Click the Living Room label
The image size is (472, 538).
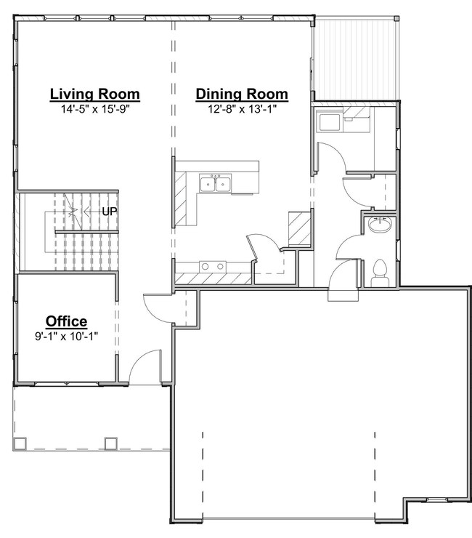[95, 95]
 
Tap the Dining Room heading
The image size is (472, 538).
[242, 95]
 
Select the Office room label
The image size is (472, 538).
[67, 321]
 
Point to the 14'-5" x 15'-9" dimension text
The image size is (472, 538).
[95, 109]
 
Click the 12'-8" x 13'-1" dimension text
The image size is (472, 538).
[242, 109]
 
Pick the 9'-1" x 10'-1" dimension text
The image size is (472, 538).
[67, 337]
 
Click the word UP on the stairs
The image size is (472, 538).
[110, 212]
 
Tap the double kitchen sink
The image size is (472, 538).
[215, 184]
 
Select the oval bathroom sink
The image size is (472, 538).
[380, 225]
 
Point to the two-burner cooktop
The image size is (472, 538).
[213, 267]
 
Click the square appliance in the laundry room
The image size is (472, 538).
[330, 122]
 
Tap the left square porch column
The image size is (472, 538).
[20, 443]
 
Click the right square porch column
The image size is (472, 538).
[110, 443]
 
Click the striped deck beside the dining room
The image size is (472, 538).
[357, 60]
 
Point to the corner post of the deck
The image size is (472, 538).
[396, 18]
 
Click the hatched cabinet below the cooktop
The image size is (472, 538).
[213, 278]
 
